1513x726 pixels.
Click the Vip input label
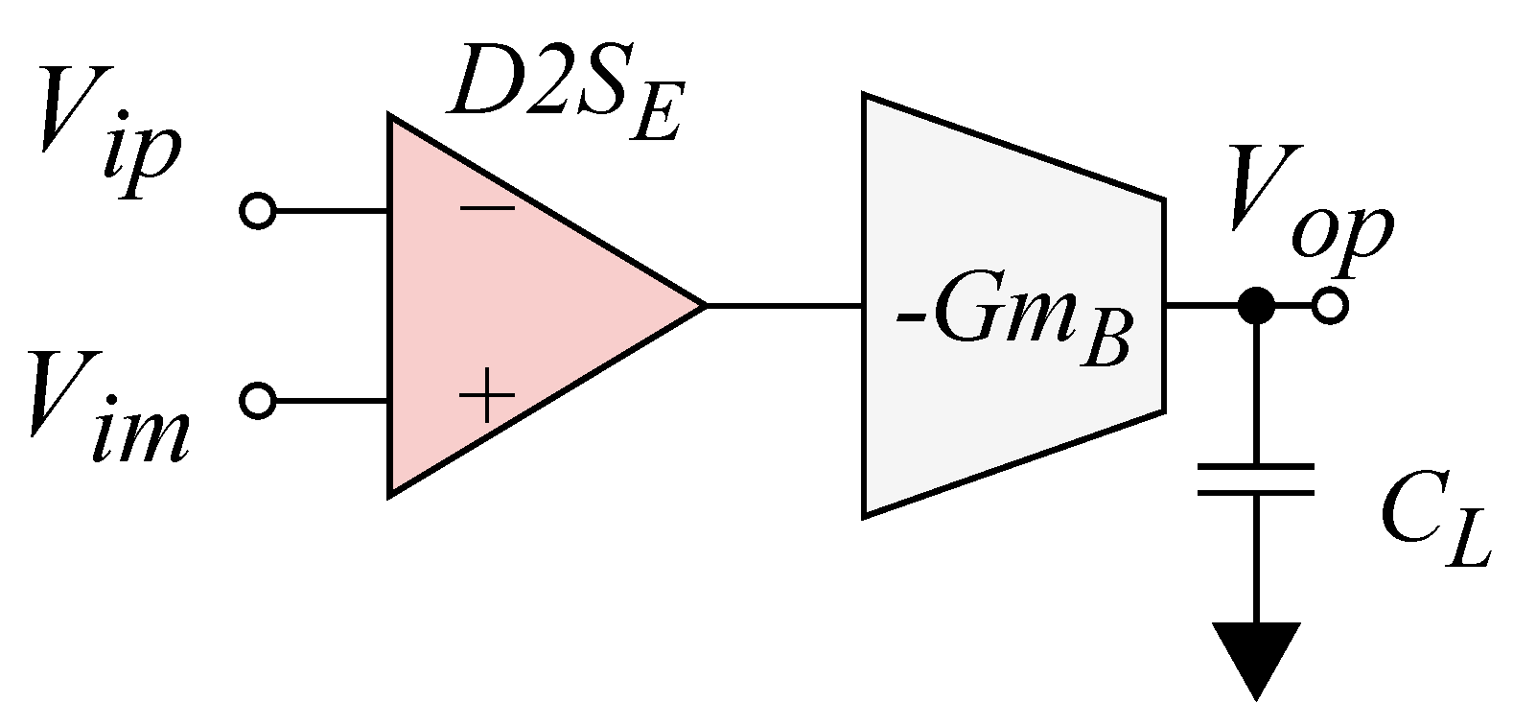point(105,134)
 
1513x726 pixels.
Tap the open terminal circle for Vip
point(257,210)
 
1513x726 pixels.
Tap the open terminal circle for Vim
point(257,400)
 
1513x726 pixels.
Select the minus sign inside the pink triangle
point(486,207)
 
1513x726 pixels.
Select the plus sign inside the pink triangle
point(487,395)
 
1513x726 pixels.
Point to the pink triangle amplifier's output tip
point(704,305)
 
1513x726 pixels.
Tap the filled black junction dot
point(1255,306)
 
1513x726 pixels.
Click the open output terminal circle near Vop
point(1330,306)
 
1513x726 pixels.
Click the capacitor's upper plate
point(1255,467)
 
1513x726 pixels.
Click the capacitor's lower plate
point(1255,493)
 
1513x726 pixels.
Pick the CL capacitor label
point(1433,527)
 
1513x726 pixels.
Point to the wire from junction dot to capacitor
point(1255,393)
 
